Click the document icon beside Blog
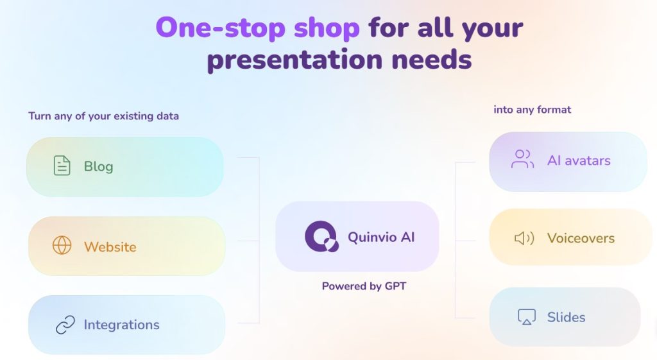(62, 166)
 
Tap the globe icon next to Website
(62, 246)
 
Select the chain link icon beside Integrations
(65, 325)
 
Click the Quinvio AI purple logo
(321, 237)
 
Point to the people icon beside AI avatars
(522, 160)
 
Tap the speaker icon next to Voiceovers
(524, 239)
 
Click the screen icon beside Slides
(526, 317)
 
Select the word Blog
(98, 166)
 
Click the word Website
(110, 246)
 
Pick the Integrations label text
(121, 325)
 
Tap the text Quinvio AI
(381, 237)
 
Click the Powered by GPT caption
(364, 286)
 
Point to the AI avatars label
(579, 160)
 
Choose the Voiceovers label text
(581, 238)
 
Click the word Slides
(566, 317)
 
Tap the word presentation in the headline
(291, 60)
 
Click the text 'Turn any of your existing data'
(103, 116)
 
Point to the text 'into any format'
(532, 110)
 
